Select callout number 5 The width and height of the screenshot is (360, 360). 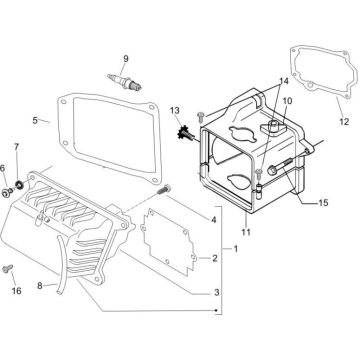(33, 120)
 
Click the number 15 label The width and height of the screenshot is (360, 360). (323, 203)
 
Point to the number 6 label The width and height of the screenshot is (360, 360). (4, 168)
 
